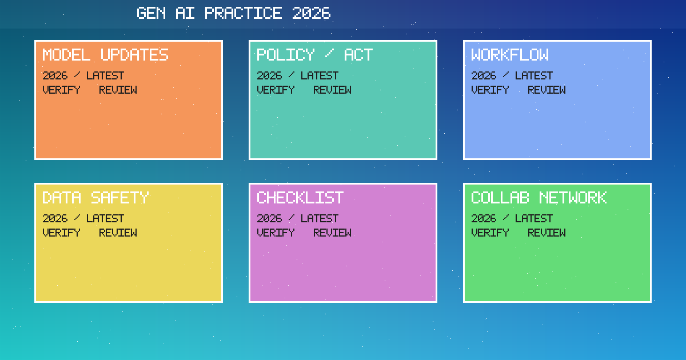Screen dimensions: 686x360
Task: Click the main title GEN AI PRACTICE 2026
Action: click(x=233, y=13)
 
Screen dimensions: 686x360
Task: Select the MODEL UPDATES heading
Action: click(x=105, y=55)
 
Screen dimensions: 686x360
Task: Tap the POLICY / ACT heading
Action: click(x=314, y=55)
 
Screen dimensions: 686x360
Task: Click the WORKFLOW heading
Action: click(x=509, y=55)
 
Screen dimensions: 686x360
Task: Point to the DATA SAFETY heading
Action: click(x=95, y=198)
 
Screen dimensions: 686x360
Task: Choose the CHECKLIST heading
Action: click(x=300, y=198)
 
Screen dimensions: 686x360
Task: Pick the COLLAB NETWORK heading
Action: click(x=539, y=198)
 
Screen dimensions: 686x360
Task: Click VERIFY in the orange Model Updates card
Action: click(x=61, y=90)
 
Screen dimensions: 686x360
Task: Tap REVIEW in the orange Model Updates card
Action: click(x=118, y=90)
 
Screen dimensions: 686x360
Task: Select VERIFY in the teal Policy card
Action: click(x=276, y=90)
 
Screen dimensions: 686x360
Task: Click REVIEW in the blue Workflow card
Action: click(x=547, y=90)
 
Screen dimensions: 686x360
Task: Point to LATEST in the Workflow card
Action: click(x=534, y=75)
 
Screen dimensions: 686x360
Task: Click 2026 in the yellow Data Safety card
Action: click(x=55, y=218)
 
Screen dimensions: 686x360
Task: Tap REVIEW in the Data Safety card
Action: click(x=118, y=233)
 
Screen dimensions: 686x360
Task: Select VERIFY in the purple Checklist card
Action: click(x=276, y=233)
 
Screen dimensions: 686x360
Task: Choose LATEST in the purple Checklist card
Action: click(x=320, y=218)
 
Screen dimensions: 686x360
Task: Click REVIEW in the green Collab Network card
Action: click(x=547, y=233)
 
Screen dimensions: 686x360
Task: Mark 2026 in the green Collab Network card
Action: click(x=484, y=218)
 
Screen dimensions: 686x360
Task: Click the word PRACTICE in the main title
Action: click(x=243, y=13)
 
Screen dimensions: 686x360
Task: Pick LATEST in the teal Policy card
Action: click(x=320, y=75)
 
